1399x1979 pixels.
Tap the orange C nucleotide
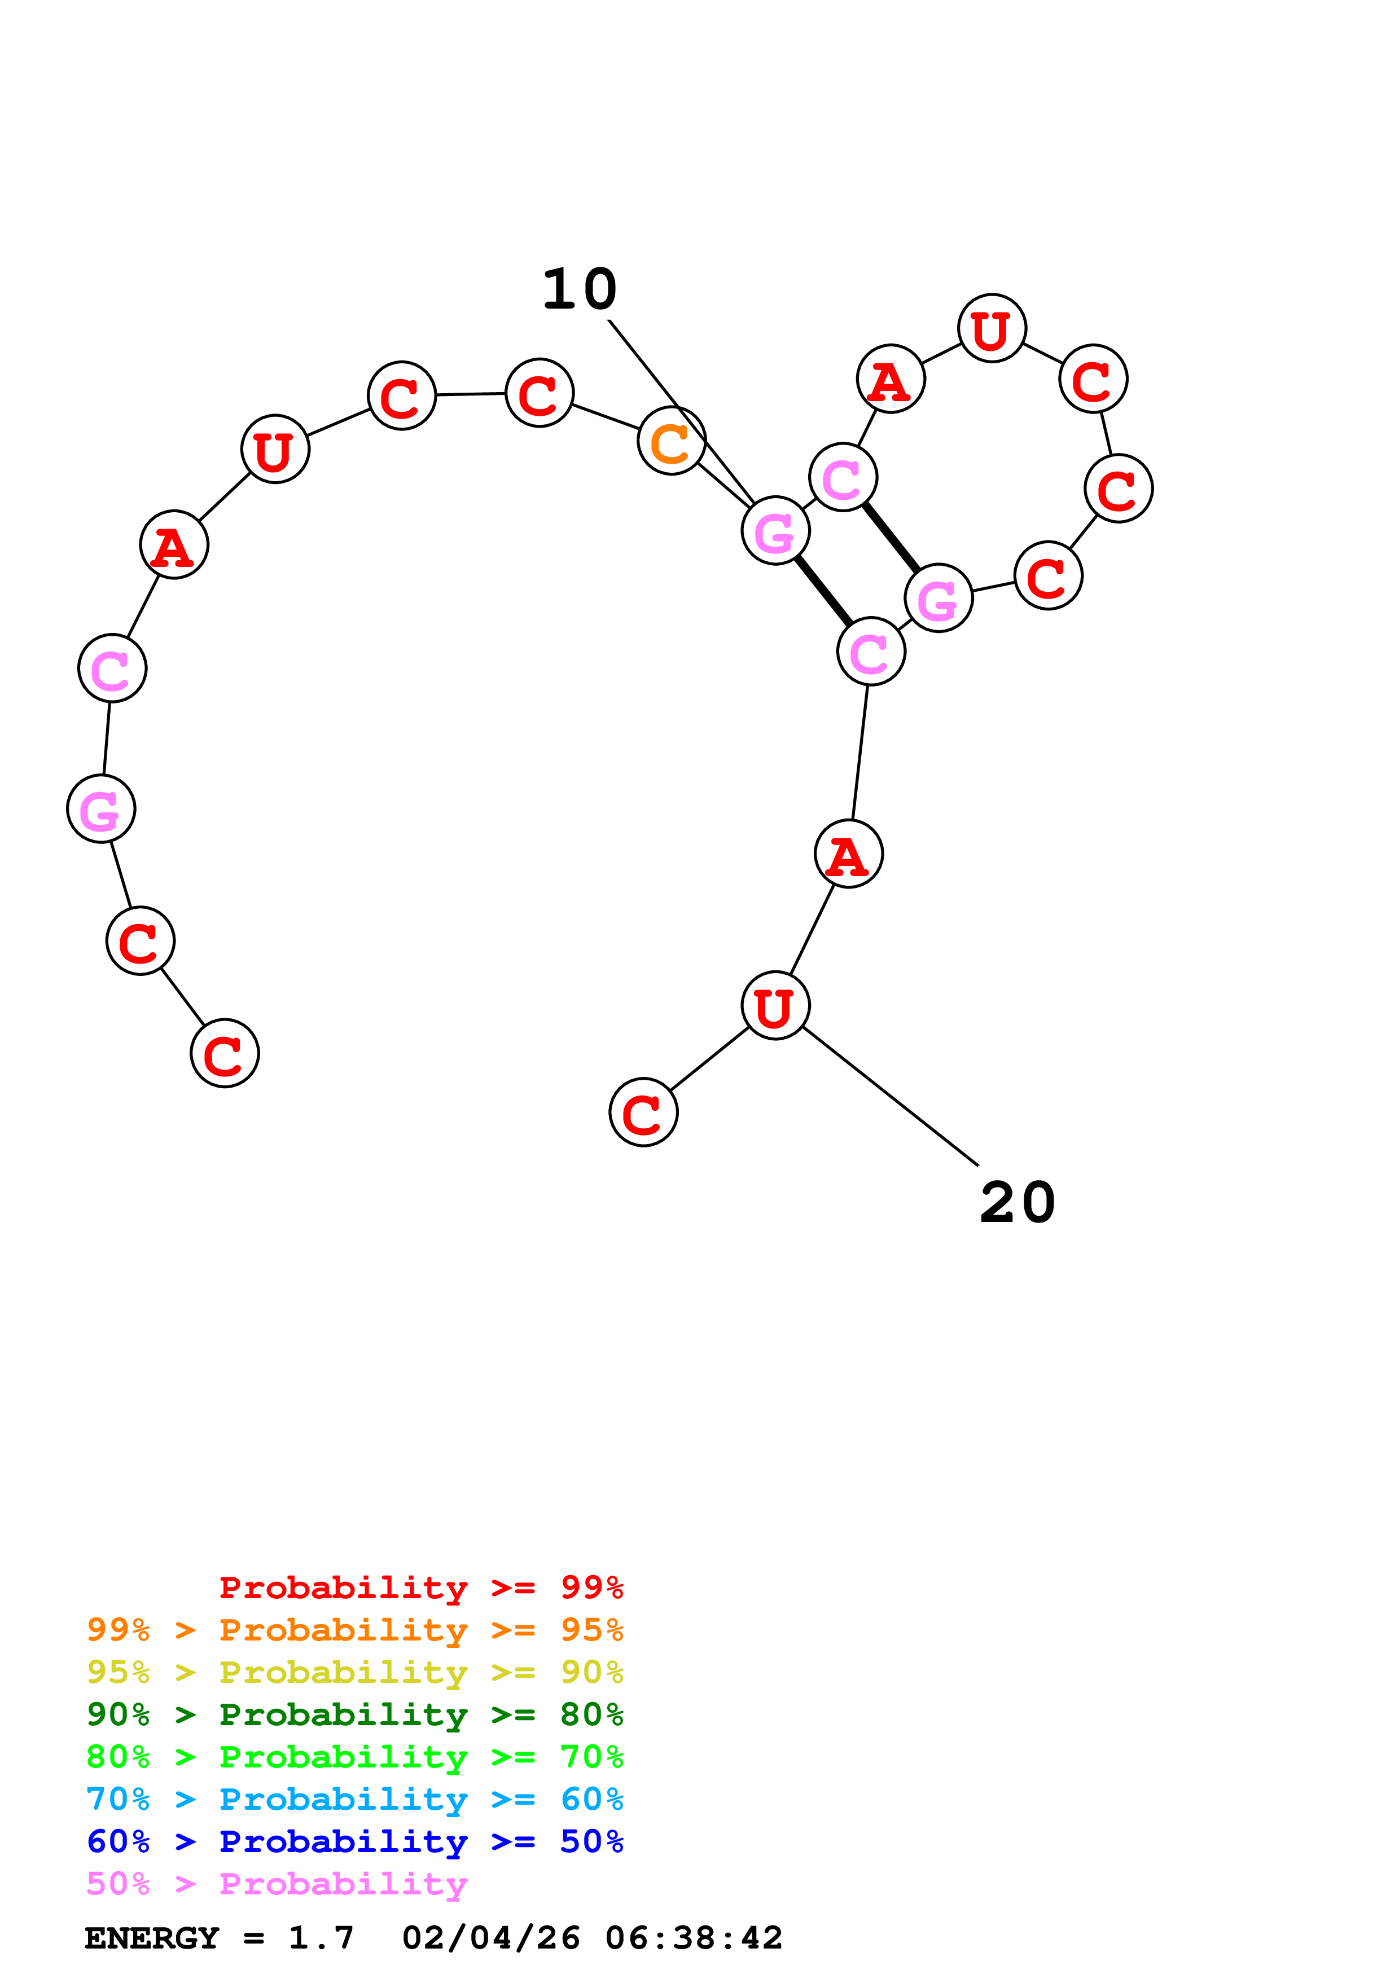[x=672, y=441]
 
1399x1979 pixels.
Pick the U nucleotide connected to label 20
[x=775, y=1005]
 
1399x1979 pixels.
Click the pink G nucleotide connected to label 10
[x=775, y=530]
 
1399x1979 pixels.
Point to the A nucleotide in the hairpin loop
[x=891, y=379]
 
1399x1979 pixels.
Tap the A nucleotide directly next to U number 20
[x=848, y=854]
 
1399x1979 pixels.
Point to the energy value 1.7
[x=321, y=1938]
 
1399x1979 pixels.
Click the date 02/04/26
[x=490, y=1938]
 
